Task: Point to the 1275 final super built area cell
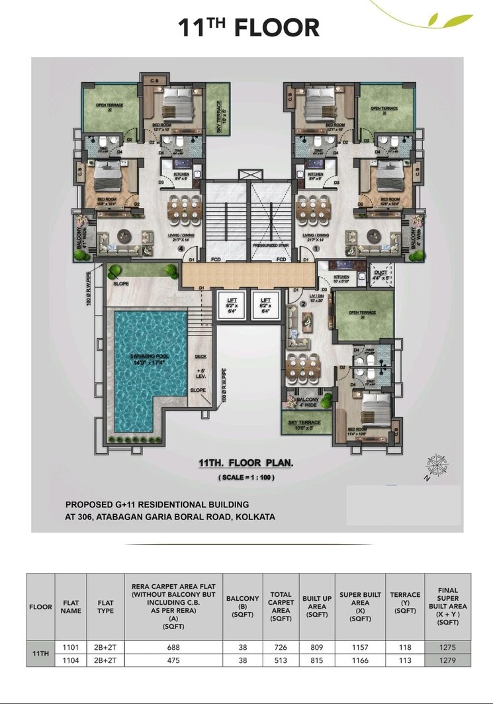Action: click(x=447, y=648)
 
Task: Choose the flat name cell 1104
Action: click(x=71, y=660)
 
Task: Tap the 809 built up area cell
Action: click(x=317, y=648)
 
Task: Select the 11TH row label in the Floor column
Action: click(x=40, y=654)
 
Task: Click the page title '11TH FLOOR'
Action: click(x=248, y=28)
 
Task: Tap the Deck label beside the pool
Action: click(x=201, y=357)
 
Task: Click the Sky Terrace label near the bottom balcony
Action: click(x=305, y=423)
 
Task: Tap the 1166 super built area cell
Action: click(x=360, y=660)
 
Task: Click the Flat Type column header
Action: click(x=105, y=607)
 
